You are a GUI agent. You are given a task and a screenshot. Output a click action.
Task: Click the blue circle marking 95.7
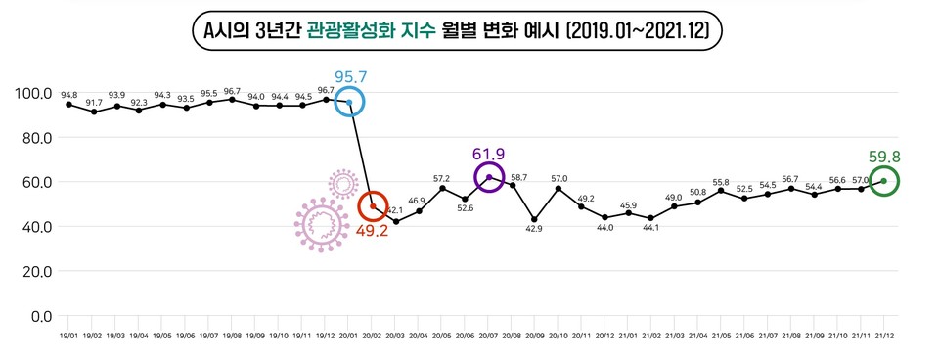click(349, 102)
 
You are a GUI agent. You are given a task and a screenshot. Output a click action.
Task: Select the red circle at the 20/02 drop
click(373, 206)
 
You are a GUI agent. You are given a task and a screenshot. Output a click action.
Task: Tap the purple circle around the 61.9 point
click(489, 177)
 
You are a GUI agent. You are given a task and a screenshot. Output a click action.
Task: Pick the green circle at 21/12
click(884, 181)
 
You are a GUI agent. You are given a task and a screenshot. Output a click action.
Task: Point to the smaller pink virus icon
click(343, 183)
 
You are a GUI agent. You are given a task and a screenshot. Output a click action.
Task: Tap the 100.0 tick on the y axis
click(34, 93)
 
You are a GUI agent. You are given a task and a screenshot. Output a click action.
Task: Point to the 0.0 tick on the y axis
click(40, 316)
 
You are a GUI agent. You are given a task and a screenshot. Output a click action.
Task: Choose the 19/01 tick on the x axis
click(68, 336)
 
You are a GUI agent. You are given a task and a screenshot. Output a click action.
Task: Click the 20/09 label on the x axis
click(535, 336)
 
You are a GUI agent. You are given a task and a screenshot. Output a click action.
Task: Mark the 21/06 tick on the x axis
click(744, 336)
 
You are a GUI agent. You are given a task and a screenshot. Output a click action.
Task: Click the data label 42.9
click(535, 228)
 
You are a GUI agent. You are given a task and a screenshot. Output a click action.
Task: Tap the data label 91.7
click(94, 102)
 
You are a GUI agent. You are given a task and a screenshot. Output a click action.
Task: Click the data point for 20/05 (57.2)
click(442, 188)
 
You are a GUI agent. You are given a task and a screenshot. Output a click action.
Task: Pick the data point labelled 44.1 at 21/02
click(651, 218)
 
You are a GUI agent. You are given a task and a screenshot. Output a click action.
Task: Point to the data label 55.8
click(721, 182)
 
